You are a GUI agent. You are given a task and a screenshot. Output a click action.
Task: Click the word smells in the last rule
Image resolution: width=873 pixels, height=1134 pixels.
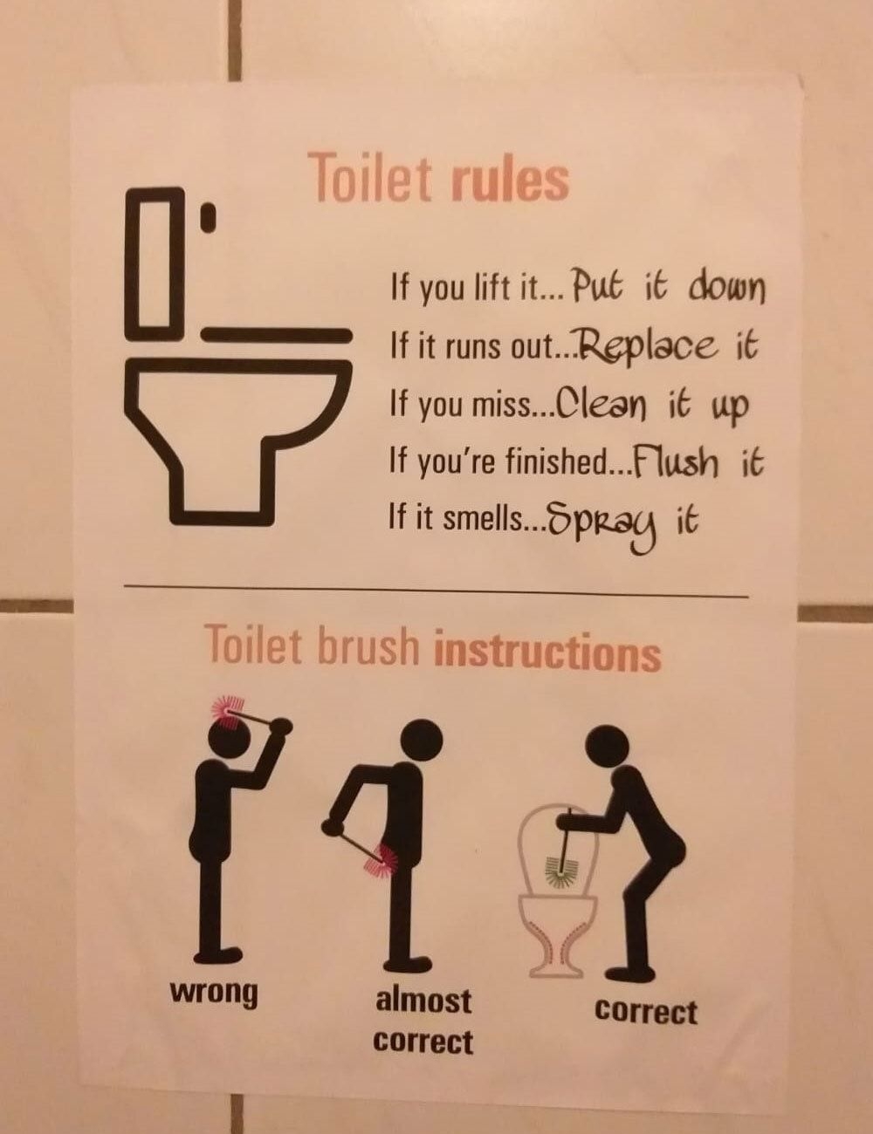tap(482, 520)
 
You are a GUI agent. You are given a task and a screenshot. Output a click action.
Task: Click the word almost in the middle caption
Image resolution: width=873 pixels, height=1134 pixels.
tap(423, 1000)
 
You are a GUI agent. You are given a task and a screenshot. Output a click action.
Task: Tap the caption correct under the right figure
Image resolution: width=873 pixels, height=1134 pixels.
tap(646, 1012)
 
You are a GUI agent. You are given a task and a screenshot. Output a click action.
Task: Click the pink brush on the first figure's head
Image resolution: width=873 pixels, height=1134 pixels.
tap(228, 711)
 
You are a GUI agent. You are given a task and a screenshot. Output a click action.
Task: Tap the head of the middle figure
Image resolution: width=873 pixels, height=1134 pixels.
tap(422, 740)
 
